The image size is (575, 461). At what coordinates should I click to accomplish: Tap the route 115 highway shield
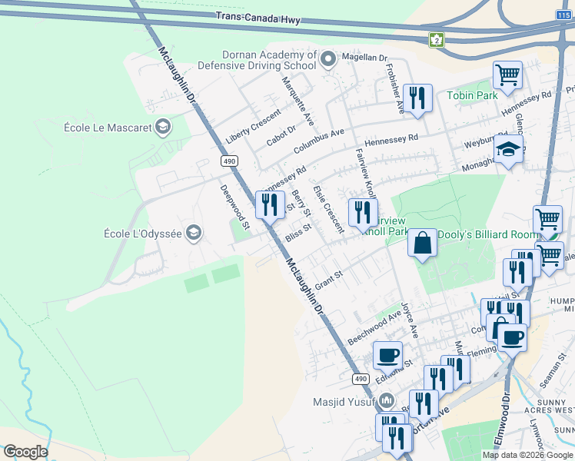pos(562,15)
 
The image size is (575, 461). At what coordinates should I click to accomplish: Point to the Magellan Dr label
pos(364,58)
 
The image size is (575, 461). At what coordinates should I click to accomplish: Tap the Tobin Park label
pos(472,95)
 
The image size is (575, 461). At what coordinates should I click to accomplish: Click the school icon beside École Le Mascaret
pos(162,128)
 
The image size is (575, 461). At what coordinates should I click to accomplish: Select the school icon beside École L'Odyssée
pos(194,233)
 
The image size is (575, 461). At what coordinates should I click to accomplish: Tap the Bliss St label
pos(297,232)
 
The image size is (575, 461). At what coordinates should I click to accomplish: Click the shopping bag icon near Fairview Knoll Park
pos(422,243)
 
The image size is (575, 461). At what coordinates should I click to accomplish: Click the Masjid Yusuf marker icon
pos(387,401)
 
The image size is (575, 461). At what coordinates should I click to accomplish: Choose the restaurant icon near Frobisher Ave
pos(417,98)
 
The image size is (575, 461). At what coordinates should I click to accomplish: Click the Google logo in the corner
pos(25,452)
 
